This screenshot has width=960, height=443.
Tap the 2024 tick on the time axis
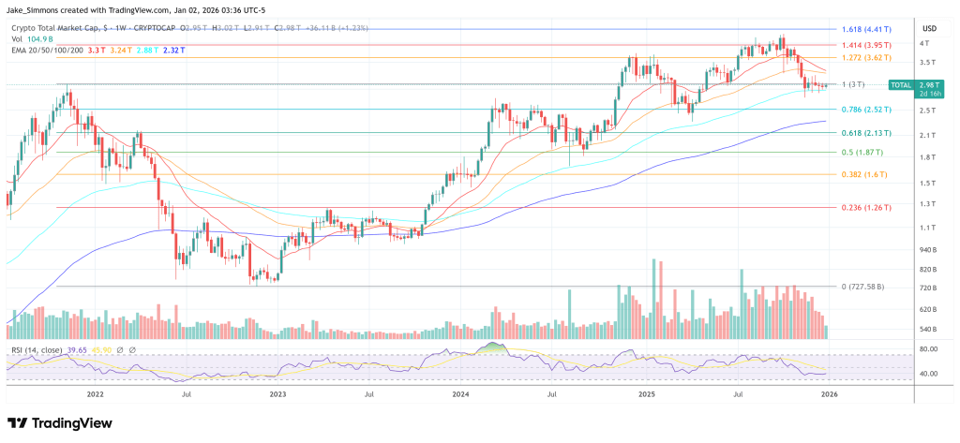click(x=459, y=394)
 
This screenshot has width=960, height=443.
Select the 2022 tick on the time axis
click(x=95, y=394)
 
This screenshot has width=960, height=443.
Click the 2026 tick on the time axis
click(x=828, y=394)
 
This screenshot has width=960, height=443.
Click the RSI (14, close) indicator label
click(x=37, y=348)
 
